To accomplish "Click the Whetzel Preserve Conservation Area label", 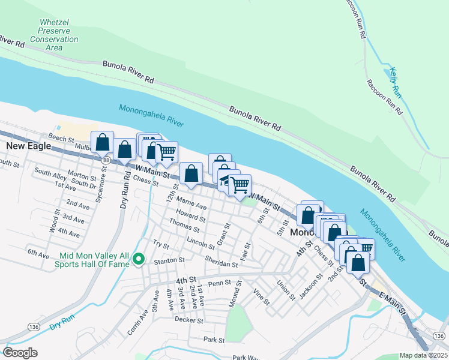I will point(55,35).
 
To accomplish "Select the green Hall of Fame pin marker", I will point(139,259).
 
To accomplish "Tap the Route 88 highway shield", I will point(106,161).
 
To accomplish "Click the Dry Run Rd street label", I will point(127,188).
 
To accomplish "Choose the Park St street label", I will point(213,340).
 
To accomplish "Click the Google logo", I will point(20,353).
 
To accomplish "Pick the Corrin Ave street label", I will point(137,321).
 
